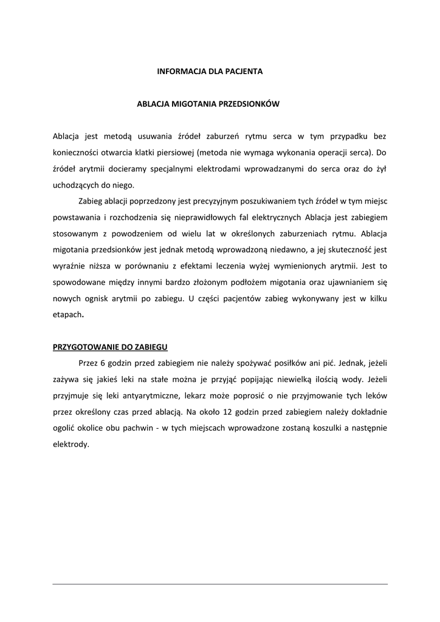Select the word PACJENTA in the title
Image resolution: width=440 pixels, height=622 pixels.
coord(244,71)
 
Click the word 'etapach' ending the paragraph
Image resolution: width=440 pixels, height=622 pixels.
coord(66,315)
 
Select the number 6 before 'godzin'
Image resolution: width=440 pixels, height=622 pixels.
coord(103,363)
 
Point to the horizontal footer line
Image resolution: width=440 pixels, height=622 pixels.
coord(220,584)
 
